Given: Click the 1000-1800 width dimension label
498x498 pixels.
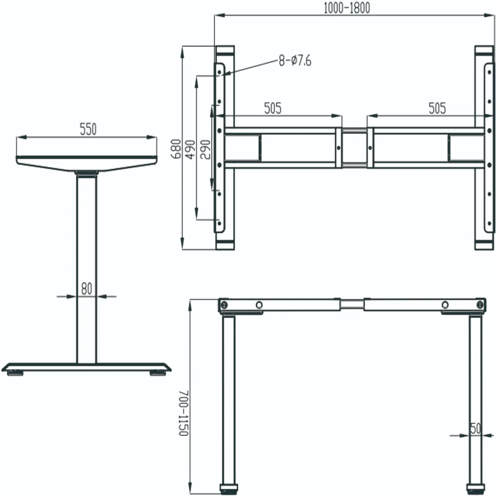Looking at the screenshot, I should coord(347,8).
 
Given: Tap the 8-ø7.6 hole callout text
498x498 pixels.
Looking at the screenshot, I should coord(295,61).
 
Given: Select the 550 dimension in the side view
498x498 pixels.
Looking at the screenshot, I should coord(88,129).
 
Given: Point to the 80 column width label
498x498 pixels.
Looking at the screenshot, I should coord(87,288).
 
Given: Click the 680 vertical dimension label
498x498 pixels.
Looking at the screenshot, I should coord(176,149).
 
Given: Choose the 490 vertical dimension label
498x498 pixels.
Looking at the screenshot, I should coord(190,149).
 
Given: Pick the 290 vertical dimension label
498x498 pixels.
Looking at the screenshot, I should coord(205,149).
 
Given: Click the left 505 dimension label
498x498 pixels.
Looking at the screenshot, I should coord(272,108).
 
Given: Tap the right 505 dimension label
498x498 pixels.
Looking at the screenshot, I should coord(437,108).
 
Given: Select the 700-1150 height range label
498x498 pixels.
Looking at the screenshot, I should coord(184,413).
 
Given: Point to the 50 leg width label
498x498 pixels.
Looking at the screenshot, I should coord(476,428).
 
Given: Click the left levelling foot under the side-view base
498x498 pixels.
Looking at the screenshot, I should coord(15,373).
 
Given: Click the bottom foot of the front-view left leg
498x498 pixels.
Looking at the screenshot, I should coord(229,488).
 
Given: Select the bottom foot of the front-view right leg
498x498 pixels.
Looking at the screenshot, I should coord(475,488).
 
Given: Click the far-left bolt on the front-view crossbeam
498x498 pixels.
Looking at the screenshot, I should coord(225,305).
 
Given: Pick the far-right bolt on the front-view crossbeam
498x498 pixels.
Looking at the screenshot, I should coord(480,305).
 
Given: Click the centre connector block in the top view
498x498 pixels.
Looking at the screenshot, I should coord(354,148).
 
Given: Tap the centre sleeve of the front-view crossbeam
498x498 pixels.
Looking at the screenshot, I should coord(352,304).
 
